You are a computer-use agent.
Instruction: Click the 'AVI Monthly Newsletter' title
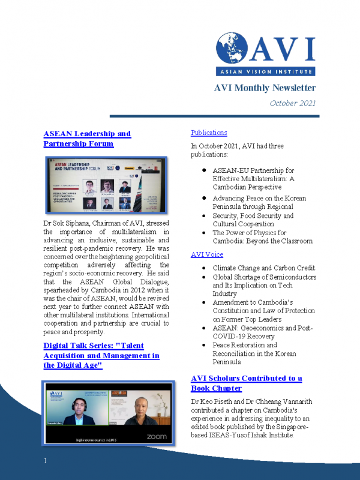click(x=265, y=88)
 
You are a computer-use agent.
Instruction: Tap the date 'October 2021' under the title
click(x=292, y=103)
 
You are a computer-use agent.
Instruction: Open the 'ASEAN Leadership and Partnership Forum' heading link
click(x=87, y=139)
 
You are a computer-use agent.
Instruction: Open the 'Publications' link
click(x=208, y=133)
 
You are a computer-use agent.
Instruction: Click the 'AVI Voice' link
click(x=206, y=254)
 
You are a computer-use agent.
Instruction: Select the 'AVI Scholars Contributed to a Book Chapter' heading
click(x=246, y=383)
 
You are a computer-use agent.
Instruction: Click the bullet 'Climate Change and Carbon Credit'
click(x=263, y=268)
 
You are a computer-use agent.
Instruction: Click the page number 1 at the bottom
click(x=45, y=460)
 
